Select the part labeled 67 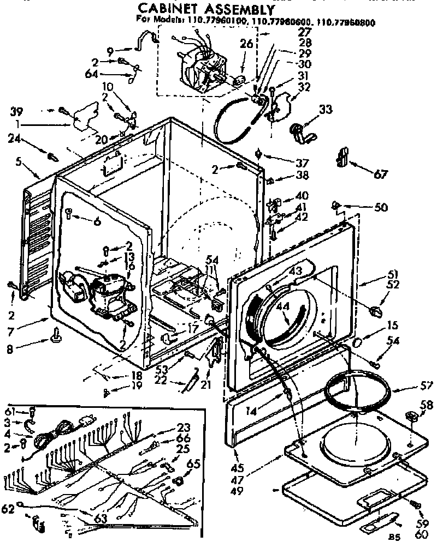coord(342,156)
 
